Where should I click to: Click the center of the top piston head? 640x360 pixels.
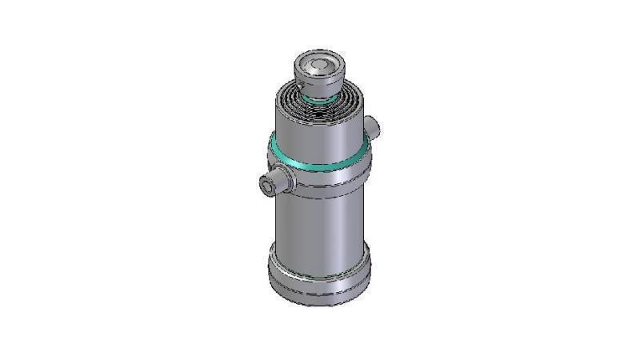(x=320, y=65)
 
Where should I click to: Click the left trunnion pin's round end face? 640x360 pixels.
(x=265, y=186)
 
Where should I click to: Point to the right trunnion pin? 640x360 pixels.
(x=372, y=126)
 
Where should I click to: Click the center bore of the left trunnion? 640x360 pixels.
(x=265, y=186)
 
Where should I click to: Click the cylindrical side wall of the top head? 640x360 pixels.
(x=320, y=83)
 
